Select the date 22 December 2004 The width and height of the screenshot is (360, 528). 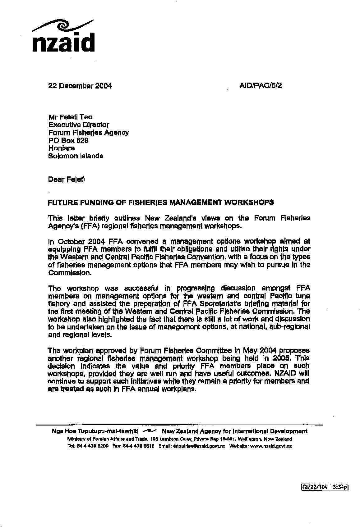(80, 86)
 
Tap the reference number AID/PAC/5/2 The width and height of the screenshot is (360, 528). (261, 86)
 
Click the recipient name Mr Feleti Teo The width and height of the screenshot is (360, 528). (70, 117)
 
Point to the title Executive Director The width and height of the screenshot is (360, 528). (78, 125)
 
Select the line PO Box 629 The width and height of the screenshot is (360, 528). (68, 140)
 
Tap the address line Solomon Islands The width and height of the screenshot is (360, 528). (75, 156)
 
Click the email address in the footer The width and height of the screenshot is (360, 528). (199, 446)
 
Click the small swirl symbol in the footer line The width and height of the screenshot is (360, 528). (150, 431)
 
